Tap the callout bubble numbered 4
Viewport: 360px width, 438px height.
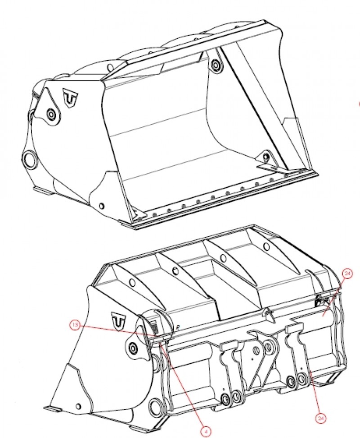pos(206,430)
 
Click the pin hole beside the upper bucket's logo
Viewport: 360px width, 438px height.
pos(52,115)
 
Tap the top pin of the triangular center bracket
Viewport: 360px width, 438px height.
pos(270,346)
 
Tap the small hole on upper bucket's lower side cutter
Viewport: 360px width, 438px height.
pos(102,207)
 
